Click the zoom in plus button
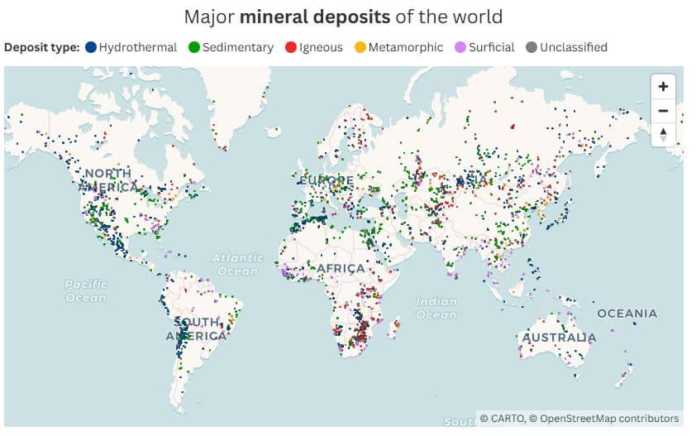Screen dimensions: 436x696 pos(663,87)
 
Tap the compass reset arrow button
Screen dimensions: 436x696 pos(663,134)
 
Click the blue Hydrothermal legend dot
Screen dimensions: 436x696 pos(91,47)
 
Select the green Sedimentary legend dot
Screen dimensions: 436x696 pos(195,47)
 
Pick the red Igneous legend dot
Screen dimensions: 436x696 pos(290,47)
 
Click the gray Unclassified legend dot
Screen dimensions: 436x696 pos(531,47)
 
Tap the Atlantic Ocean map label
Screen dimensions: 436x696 pos(237,265)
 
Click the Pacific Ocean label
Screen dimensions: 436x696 pos(86,291)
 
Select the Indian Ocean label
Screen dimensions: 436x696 pos(436,309)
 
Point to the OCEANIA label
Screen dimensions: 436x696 pos(627,314)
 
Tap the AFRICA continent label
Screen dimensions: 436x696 pos(340,269)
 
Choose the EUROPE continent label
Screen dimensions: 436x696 pos(326,180)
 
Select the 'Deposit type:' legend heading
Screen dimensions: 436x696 pos(41,47)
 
